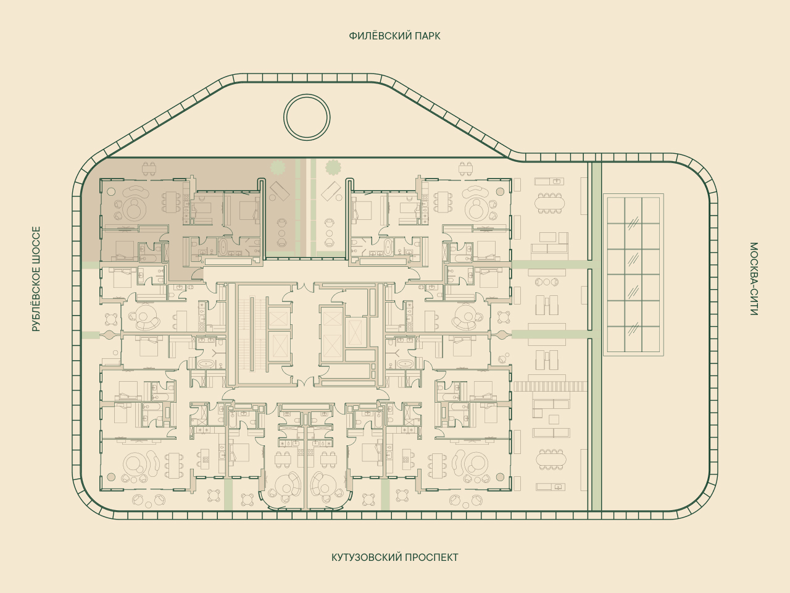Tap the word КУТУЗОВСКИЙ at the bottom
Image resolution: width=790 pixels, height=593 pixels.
tap(367, 558)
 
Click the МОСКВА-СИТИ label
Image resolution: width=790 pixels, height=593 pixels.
tap(754, 279)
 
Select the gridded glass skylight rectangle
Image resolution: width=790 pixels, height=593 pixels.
tap(633, 275)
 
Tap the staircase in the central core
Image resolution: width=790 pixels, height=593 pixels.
tap(252, 334)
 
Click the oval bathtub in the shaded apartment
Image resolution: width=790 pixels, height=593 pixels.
tap(222, 246)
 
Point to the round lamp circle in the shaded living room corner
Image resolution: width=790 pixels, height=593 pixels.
tap(111, 191)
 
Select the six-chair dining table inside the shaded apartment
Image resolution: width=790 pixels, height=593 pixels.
tap(172, 203)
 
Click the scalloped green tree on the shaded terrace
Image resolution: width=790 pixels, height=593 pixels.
tap(278, 167)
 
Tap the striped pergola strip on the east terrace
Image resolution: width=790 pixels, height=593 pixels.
tap(551, 386)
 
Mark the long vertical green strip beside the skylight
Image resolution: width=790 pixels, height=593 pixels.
tap(596, 336)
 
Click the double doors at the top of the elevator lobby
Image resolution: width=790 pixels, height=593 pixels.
tap(306, 287)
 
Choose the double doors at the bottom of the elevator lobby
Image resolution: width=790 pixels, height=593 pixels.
tap(306, 381)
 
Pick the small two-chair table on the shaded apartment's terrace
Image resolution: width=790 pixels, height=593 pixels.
tap(149, 169)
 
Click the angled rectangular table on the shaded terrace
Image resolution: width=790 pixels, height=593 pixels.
tap(280, 191)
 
